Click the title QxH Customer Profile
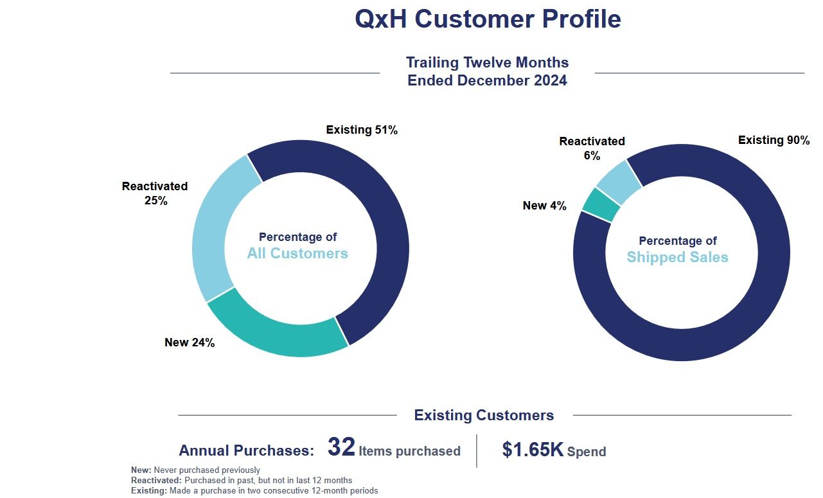pyautogui.click(x=488, y=19)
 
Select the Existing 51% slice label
pyautogui.click(x=362, y=130)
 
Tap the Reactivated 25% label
pyautogui.click(x=155, y=193)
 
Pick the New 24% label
pyautogui.click(x=190, y=342)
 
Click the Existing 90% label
pyautogui.click(x=774, y=140)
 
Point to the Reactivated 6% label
pyautogui.click(x=592, y=148)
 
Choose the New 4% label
pyautogui.click(x=544, y=206)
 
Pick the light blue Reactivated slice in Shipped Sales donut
pyautogui.click(x=618, y=181)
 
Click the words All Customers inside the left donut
pyautogui.click(x=297, y=253)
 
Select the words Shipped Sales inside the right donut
pyautogui.click(x=677, y=257)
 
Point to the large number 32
pyautogui.click(x=341, y=447)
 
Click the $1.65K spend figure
pyautogui.click(x=533, y=450)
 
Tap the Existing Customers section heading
pyautogui.click(x=484, y=415)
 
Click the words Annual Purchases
pyautogui.click(x=246, y=450)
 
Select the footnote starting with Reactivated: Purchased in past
pyautogui.click(x=242, y=480)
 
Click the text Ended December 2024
pyautogui.click(x=487, y=80)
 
